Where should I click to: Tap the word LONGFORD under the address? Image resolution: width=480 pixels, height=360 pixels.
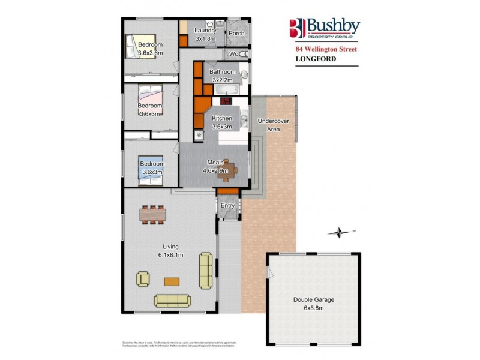[316, 58]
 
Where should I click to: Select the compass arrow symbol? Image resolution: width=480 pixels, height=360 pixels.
[340, 232]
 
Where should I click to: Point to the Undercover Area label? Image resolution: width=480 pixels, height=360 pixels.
[273, 125]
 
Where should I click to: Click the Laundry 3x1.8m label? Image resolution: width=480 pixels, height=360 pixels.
[206, 35]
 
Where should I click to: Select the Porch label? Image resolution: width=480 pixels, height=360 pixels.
[236, 34]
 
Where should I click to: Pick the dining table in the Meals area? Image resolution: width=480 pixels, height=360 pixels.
[226, 170]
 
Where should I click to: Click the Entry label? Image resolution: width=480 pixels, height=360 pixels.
[227, 206]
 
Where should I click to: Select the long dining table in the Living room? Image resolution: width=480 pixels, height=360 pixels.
[152, 214]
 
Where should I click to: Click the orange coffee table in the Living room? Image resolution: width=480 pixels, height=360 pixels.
[172, 280]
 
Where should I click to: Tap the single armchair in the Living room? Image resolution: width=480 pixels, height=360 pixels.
[143, 278]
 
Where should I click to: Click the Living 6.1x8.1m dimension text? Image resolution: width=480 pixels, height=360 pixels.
[171, 251]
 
